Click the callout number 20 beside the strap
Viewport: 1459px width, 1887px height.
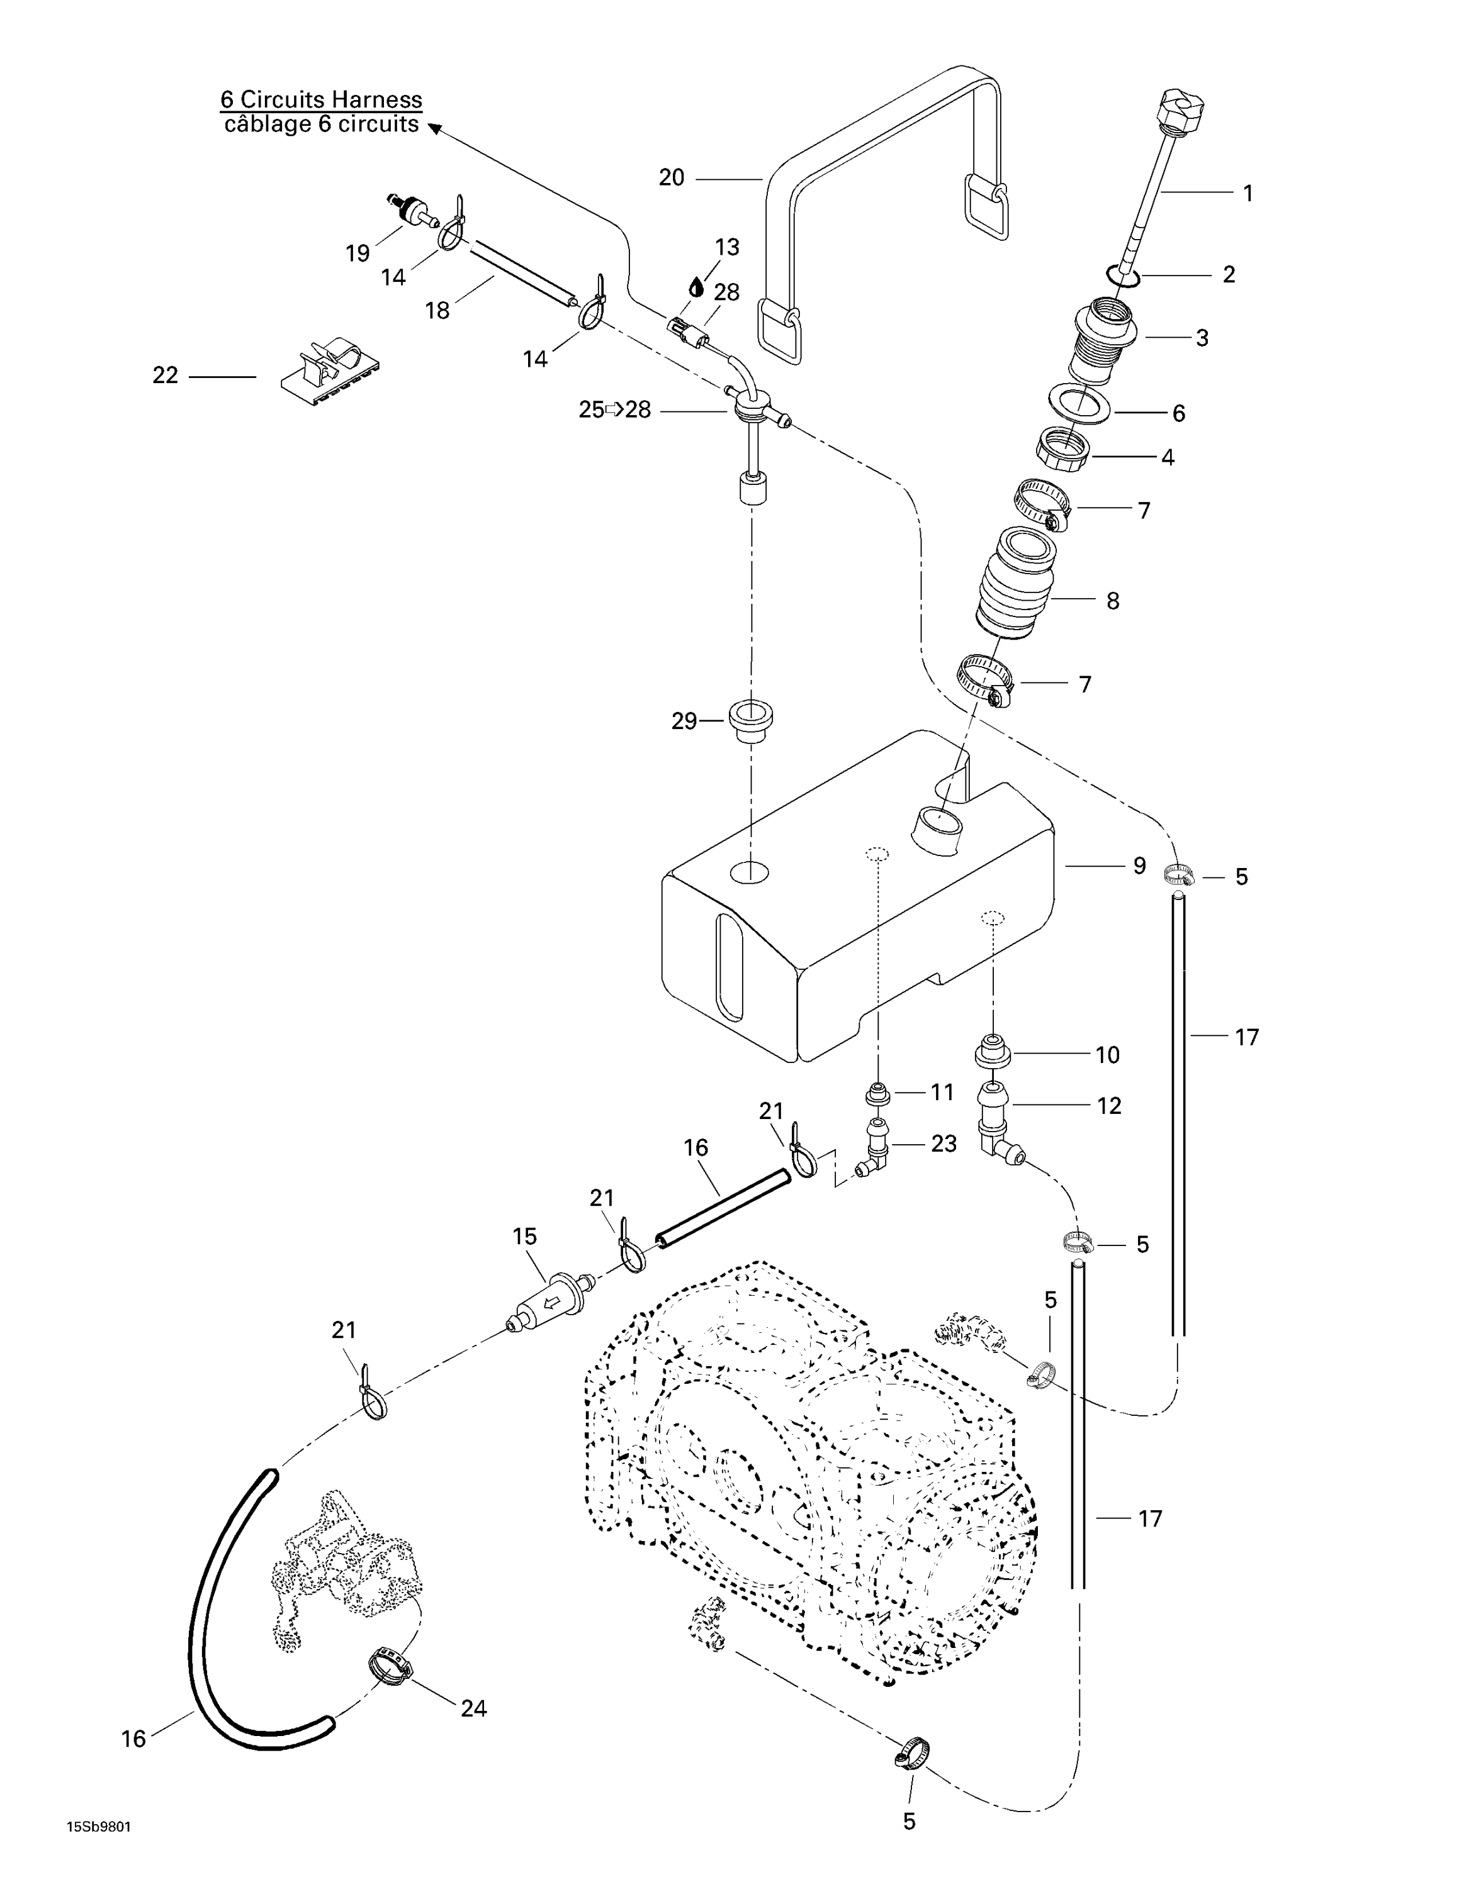[671, 178]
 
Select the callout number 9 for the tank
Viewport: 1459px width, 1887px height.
[1139, 865]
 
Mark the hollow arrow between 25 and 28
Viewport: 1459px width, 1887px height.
[614, 409]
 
